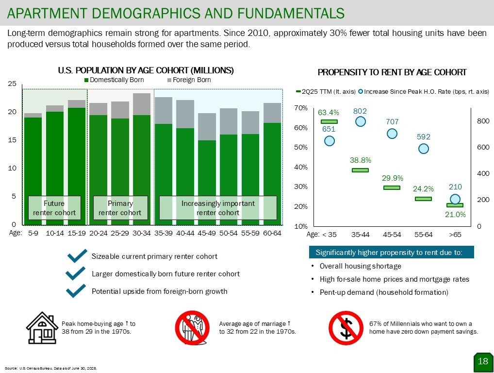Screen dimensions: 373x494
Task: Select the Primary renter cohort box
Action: click(120, 208)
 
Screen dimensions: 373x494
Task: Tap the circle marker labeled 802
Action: click(361, 121)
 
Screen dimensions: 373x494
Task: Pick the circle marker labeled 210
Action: click(455, 199)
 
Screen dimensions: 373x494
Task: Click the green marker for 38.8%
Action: click(360, 170)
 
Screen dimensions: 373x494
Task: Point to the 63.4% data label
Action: click(329, 113)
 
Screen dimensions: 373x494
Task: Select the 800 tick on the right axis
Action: click(484, 121)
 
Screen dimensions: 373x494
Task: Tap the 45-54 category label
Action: click(392, 235)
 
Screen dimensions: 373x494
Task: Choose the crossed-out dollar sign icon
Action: click(345, 328)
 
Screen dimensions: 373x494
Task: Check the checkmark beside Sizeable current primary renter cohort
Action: click(78, 256)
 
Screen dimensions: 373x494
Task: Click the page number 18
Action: click(483, 361)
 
